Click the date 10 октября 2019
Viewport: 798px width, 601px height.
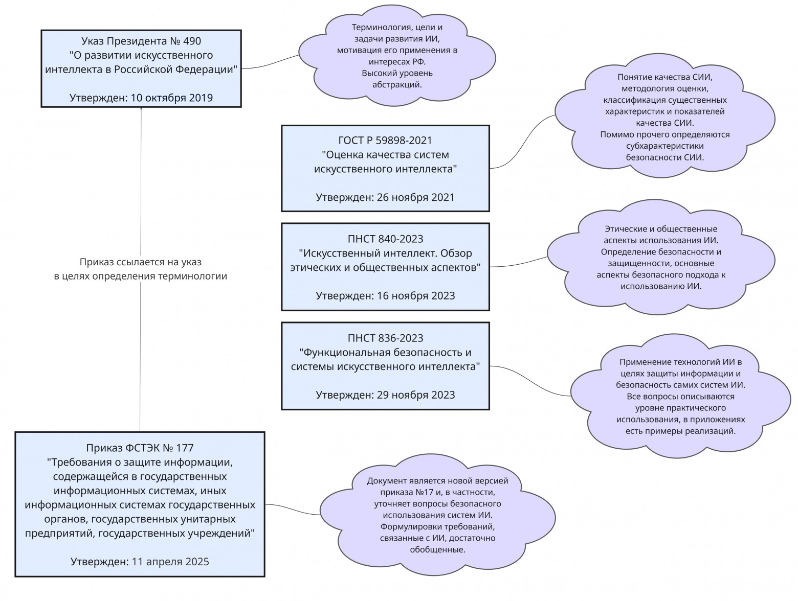point(172,98)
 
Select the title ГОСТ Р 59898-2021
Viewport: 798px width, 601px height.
point(385,140)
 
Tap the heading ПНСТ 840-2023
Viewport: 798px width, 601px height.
point(385,239)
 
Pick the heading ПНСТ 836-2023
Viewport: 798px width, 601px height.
point(385,338)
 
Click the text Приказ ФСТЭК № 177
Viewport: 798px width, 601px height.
point(140,448)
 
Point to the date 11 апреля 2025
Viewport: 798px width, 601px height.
point(170,562)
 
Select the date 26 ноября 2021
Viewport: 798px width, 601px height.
point(415,197)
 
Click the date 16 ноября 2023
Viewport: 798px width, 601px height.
point(415,295)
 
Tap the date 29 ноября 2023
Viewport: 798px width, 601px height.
point(415,395)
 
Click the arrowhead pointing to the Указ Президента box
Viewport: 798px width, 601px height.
point(141,109)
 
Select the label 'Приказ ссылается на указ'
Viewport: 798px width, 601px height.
point(141,262)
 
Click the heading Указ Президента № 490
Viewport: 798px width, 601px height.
point(141,41)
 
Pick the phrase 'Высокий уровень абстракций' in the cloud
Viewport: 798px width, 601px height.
point(397,79)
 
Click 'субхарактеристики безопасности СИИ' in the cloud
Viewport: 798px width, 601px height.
point(664,152)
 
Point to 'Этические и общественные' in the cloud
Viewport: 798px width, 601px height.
point(661,229)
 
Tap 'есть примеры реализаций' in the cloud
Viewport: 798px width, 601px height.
point(680,431)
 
